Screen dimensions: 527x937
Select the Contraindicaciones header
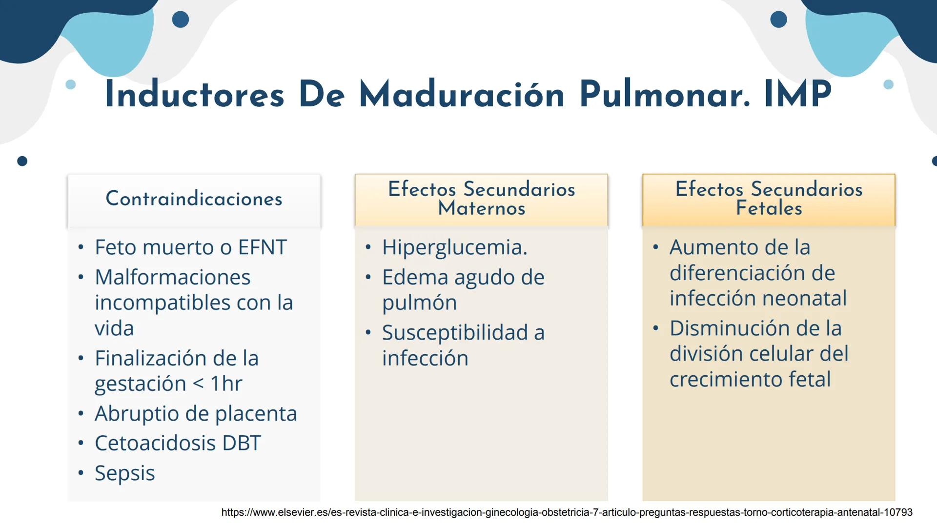194,199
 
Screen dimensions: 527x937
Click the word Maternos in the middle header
481,208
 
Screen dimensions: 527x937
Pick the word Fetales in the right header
769,208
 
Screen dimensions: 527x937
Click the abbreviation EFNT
262,247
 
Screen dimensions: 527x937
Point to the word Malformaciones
172,277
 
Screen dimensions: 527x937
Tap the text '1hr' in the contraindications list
226,384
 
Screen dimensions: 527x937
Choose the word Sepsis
124,473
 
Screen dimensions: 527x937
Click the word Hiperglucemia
454,247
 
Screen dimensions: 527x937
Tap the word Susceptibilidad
455,333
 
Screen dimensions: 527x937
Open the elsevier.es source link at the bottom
567,512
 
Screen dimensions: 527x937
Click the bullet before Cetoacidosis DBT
81,444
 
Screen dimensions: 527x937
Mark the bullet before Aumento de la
655,247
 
